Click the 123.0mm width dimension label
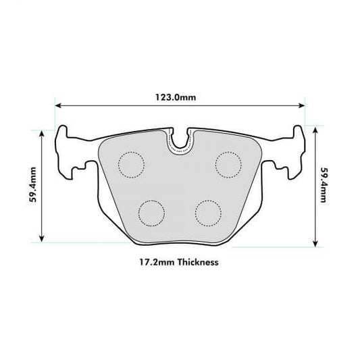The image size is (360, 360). pos(180,97)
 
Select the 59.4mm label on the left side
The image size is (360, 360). pos(32,184)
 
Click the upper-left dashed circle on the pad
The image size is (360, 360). pos(132,164)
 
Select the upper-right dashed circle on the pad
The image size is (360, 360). pos(228,164)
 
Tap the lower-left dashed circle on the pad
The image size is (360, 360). pos(151,213)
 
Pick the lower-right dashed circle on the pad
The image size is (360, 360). pos(209,213)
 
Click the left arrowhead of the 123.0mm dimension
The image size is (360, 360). pos(59,106)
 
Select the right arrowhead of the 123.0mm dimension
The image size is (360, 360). pos(301,106)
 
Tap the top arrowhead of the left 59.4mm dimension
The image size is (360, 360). pos(43,132)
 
